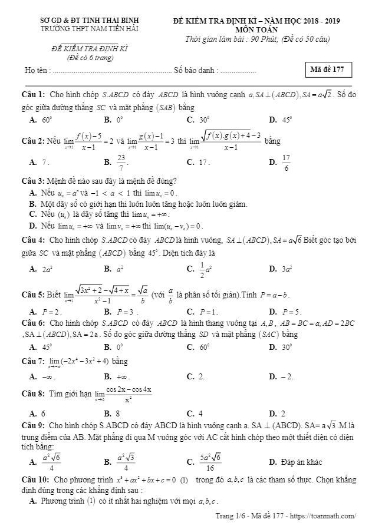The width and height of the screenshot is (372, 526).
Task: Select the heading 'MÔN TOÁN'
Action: pos(256,29)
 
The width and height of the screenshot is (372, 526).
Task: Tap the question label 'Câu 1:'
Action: pos(34,94)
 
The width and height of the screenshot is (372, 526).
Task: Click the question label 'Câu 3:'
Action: pos(33,180)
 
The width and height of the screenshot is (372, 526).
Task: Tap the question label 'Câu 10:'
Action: pos(36,480)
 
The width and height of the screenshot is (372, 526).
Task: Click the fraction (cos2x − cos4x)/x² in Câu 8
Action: pos(127,394)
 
